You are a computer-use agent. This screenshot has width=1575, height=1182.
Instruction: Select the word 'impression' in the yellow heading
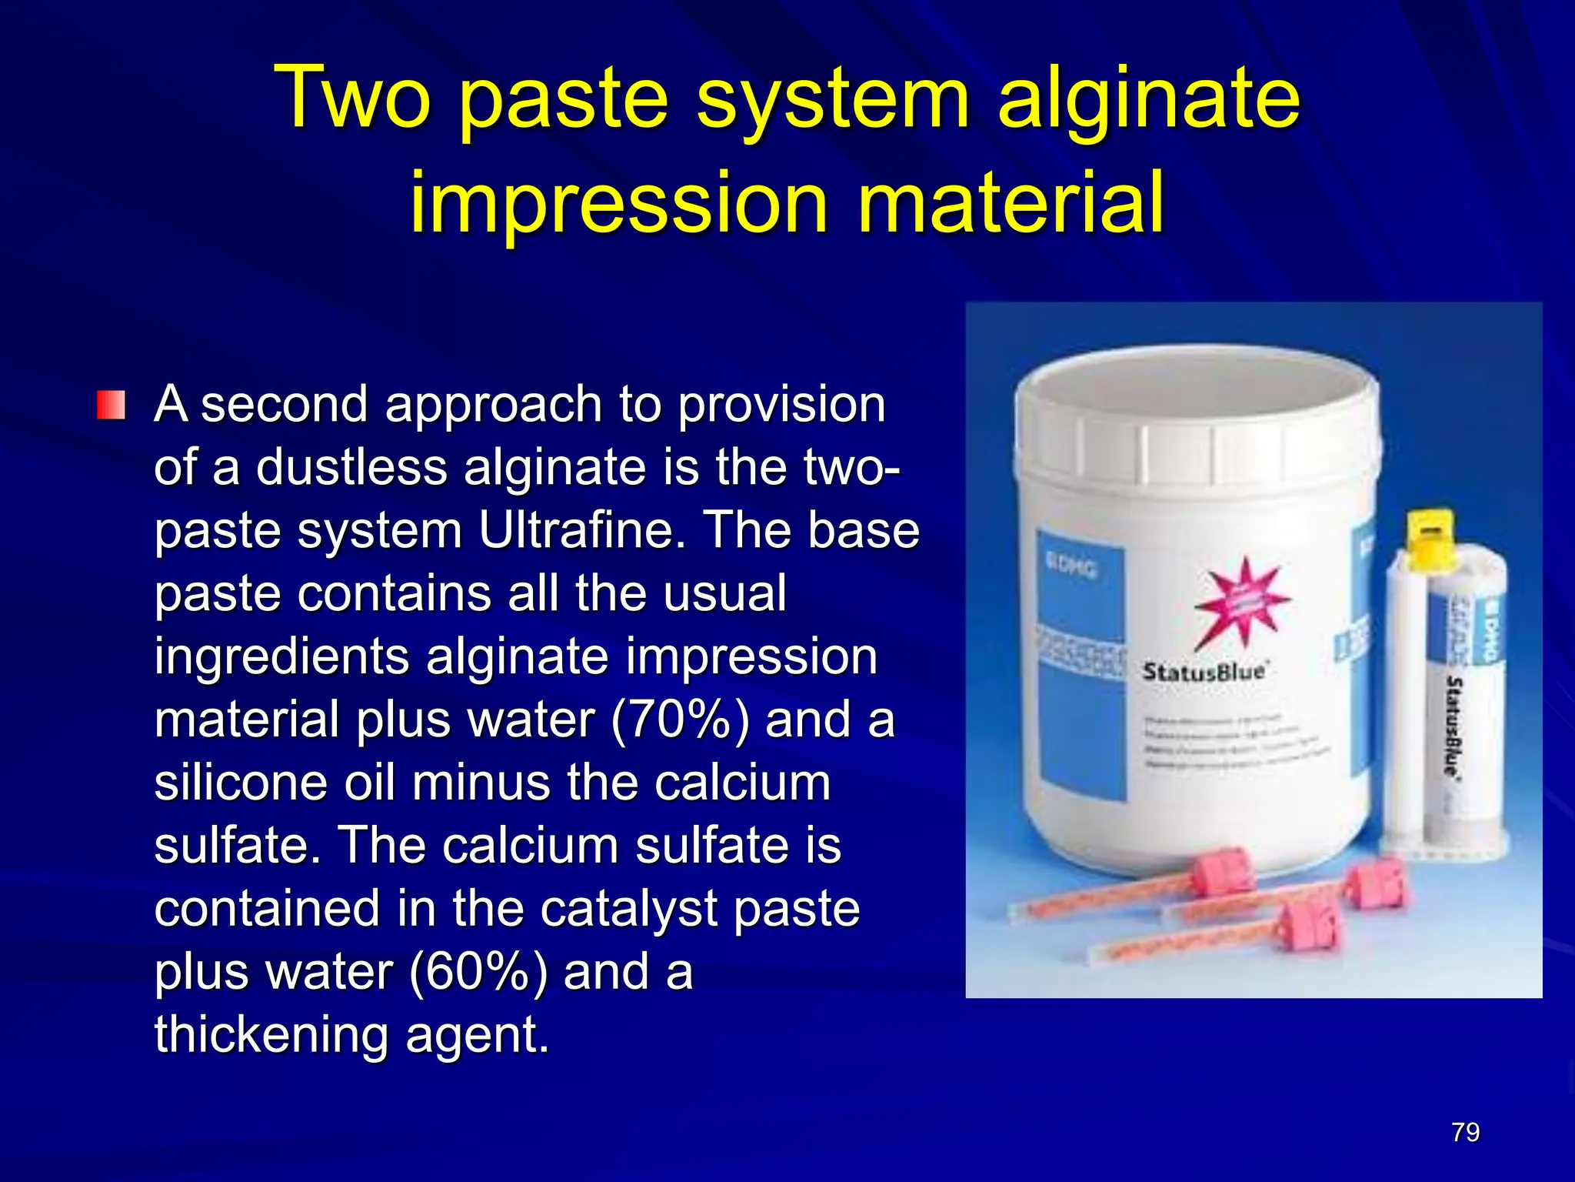pyautogui.click(x=619, y=203)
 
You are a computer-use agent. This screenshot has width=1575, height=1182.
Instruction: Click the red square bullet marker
pyautogui.click(x=111, y=405)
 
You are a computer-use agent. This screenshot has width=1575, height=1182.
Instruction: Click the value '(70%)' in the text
pyautogui.click(x=679, y=720)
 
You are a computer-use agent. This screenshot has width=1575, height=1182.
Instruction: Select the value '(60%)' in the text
pyautogui.click(x=478, y=972)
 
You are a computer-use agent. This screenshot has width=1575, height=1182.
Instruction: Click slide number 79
pyautogui.click(x=1465, y=1133)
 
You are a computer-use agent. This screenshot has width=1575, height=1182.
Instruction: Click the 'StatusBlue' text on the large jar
pyautogui.click(x=1204, y=672)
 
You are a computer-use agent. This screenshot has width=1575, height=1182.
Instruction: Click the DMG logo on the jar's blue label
pyautogui.click(x=1072, y=567)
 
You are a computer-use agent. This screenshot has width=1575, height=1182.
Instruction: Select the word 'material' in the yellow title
pyautogui.click(x=1010, y=203)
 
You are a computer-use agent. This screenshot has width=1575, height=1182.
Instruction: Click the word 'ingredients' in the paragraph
pyautogui.click(x=281, y=656)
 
